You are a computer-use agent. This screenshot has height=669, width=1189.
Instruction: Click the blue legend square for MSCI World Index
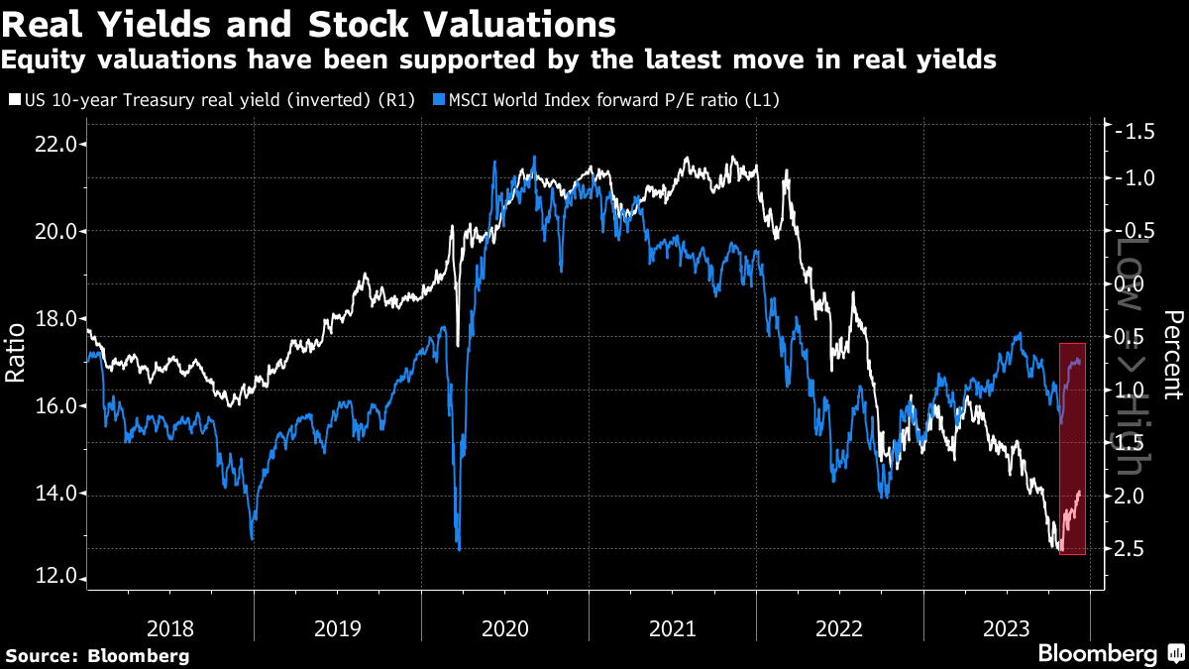(439, 100)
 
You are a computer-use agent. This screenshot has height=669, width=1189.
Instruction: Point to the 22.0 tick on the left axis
(55, 144)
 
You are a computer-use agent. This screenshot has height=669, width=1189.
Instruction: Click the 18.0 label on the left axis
(55, 318)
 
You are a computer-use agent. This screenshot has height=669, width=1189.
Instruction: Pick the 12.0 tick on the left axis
(55, 579)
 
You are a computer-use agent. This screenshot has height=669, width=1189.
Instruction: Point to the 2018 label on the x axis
(170, 627)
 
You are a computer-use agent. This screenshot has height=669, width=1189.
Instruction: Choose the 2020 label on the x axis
(505, 627)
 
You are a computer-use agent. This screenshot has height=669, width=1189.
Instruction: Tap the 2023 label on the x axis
(1007, 627)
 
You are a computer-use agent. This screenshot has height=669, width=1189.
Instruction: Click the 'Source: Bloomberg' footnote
(97, 655)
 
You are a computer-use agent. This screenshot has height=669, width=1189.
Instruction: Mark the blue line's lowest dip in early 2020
(459, 548)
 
